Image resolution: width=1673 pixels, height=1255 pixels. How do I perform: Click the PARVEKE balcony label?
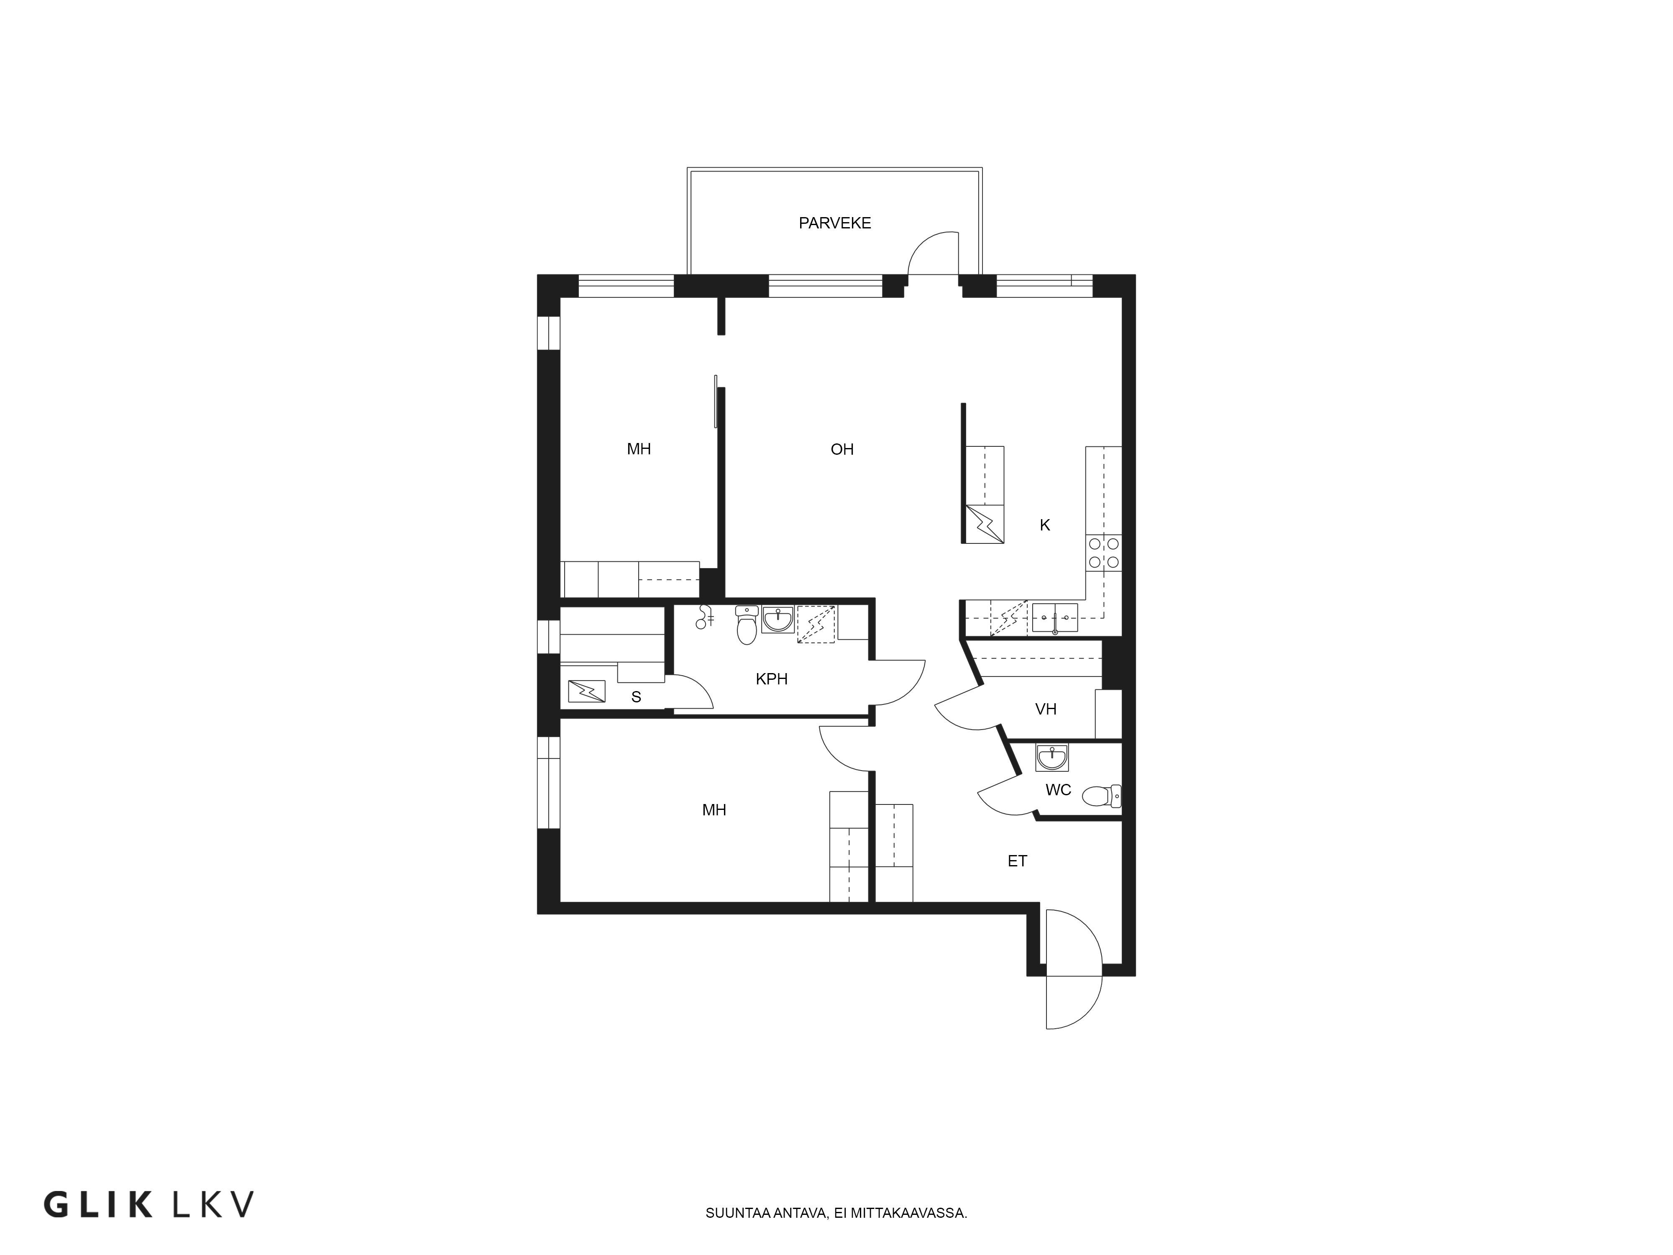click(835, 223)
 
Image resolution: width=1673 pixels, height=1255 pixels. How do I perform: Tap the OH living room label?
click(842, 449)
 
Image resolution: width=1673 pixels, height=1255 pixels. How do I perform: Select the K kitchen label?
click(1044, 525)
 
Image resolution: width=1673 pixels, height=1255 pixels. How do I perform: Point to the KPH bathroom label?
click(771, 679)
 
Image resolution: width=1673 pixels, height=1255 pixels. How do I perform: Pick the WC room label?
click(1058, 790)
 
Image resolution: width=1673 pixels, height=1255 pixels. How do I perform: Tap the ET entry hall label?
click(1017, 861)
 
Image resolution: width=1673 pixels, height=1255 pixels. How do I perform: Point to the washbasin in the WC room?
click(1052, 757)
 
